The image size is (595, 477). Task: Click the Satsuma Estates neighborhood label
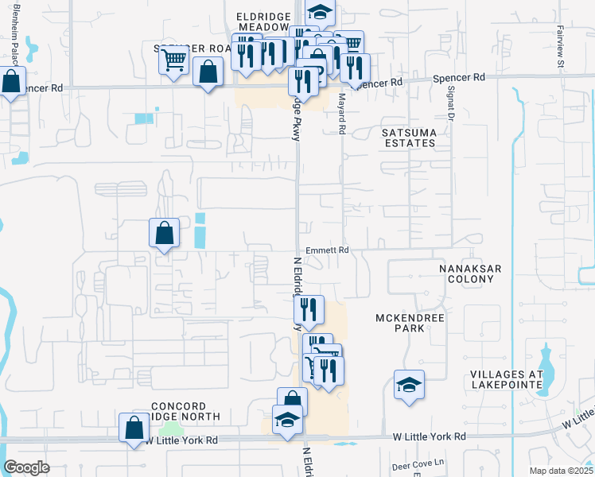[x=408, y=137]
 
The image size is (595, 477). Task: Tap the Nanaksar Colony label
[x=470, y=273]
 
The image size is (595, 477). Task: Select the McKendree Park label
[x=409, y=323]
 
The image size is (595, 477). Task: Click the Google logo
[x=26, y=467]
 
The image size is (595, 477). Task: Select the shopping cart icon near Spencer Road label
[x=173, y=59]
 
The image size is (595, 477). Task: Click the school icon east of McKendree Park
[x=409, y=385]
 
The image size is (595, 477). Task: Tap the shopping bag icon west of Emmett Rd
[x=164, y=233]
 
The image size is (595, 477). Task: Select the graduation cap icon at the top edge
[x=320, y=12]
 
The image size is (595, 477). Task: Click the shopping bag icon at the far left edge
[x=11, y=81]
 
